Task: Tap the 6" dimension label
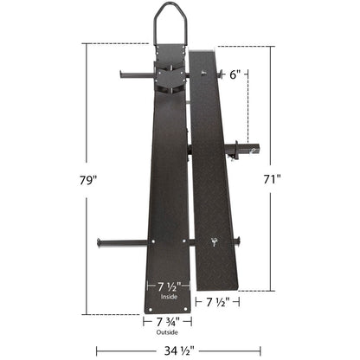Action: coord(235,74)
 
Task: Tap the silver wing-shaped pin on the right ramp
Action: coord(213,242)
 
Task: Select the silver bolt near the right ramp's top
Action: coord(204,74)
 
